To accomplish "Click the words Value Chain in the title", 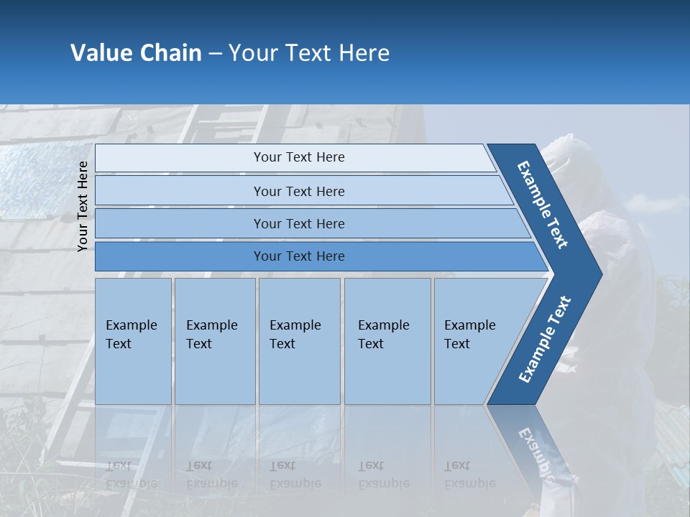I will (x=136, y=53).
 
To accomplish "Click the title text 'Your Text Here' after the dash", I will (x=309, y=53).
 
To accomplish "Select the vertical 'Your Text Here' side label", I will (x=83, y=206).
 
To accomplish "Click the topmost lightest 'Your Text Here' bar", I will (x=298, y=157).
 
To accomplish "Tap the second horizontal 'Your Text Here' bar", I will (x=298, y=191).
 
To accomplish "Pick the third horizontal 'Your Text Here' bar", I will (x=298, y=223).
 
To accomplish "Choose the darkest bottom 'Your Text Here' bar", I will (x=298, y=256).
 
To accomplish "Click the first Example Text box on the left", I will (x=133, y=341).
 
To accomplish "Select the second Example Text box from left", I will (x=214, y=341).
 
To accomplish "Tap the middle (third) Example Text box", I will (x=298, y=341).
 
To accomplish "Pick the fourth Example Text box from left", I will (x=387, y=341).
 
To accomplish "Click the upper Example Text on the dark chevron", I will (x=543, y=205).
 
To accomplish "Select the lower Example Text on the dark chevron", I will (x=544, y=340).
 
